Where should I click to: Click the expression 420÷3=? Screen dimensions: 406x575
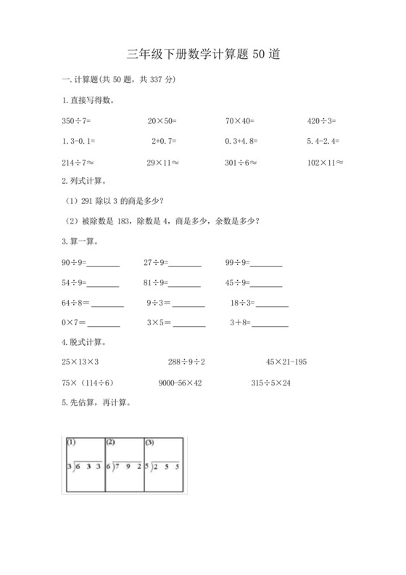321,121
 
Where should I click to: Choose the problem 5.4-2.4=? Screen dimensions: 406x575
323,142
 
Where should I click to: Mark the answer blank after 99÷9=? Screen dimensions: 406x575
267,264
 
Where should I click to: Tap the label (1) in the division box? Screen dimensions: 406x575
72,441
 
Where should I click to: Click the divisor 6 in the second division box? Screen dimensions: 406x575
108,466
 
